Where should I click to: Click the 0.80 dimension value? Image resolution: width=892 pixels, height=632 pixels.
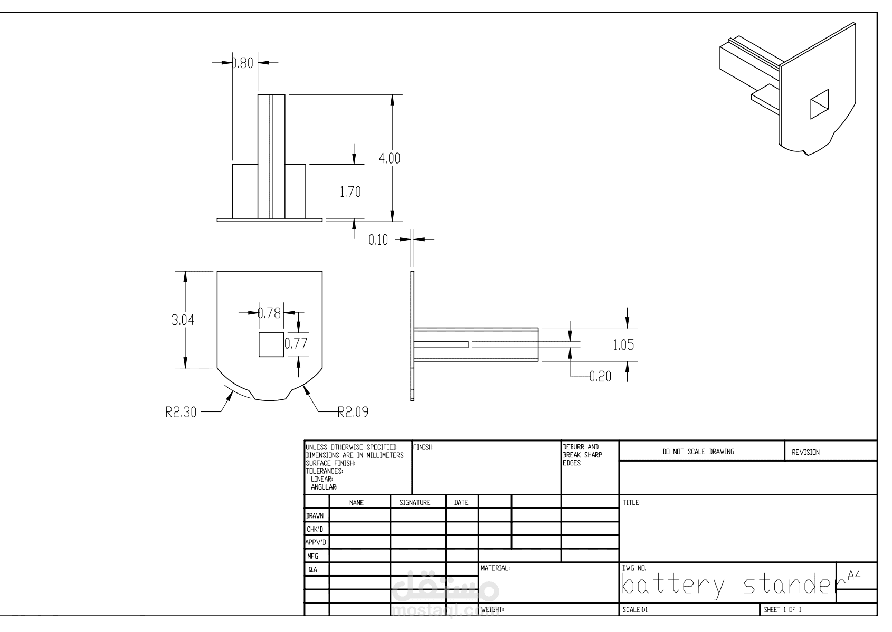point(242,63)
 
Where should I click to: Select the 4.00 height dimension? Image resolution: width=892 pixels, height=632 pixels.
point(390,158)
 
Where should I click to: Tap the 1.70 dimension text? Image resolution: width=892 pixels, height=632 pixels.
point(350,192)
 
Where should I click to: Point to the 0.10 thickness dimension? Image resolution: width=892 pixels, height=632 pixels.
point(378,240)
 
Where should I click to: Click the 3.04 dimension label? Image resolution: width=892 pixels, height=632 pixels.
point(183,320)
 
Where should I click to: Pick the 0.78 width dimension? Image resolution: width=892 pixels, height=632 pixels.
point(270,313)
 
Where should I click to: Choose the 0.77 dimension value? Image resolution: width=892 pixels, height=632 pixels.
point(296,343)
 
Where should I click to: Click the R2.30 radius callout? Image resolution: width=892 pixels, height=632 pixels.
point(181,413)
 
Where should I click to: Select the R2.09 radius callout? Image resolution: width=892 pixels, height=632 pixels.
point(353,412)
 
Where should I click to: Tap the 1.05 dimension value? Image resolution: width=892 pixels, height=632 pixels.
point(623,345)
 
